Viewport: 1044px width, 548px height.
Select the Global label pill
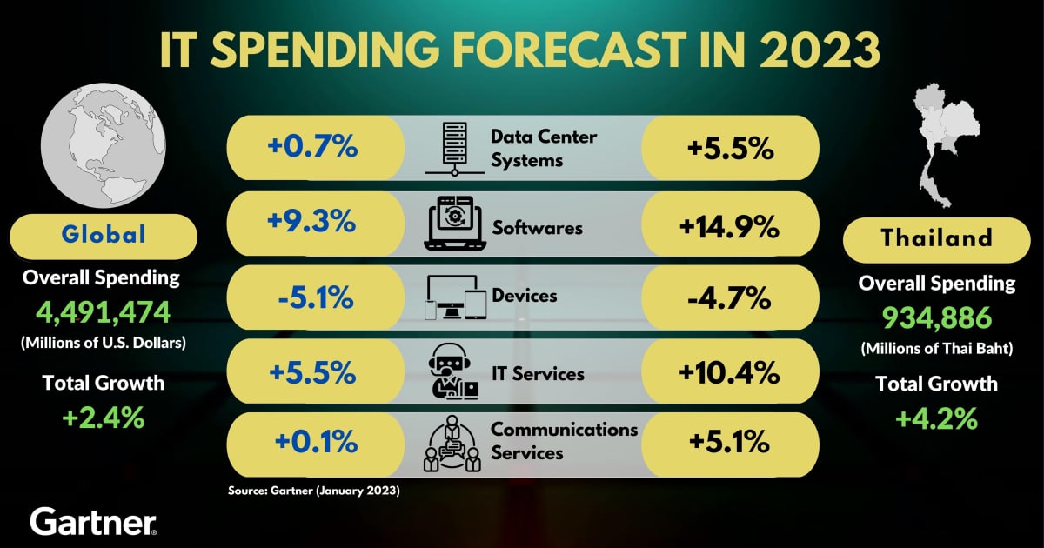[x=104, y=235]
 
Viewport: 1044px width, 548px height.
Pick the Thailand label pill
[x=937, y=238]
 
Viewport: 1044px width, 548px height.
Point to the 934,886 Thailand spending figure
[x=937, y=318]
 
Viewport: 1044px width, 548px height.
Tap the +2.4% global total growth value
[x=103, y=418]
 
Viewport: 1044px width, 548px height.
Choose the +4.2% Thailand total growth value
[x=937, y=419]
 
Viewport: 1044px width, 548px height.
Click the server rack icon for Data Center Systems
[x=453, y=149]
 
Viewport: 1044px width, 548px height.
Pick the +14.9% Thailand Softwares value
[x=729, y=227]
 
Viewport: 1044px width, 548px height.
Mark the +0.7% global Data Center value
[x=314, y=147]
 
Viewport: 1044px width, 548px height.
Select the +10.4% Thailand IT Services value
[x=729, y=374]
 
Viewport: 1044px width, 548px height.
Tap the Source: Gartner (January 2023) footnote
[x=313, y=491]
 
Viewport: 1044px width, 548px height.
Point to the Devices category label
[x=525, y=296]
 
